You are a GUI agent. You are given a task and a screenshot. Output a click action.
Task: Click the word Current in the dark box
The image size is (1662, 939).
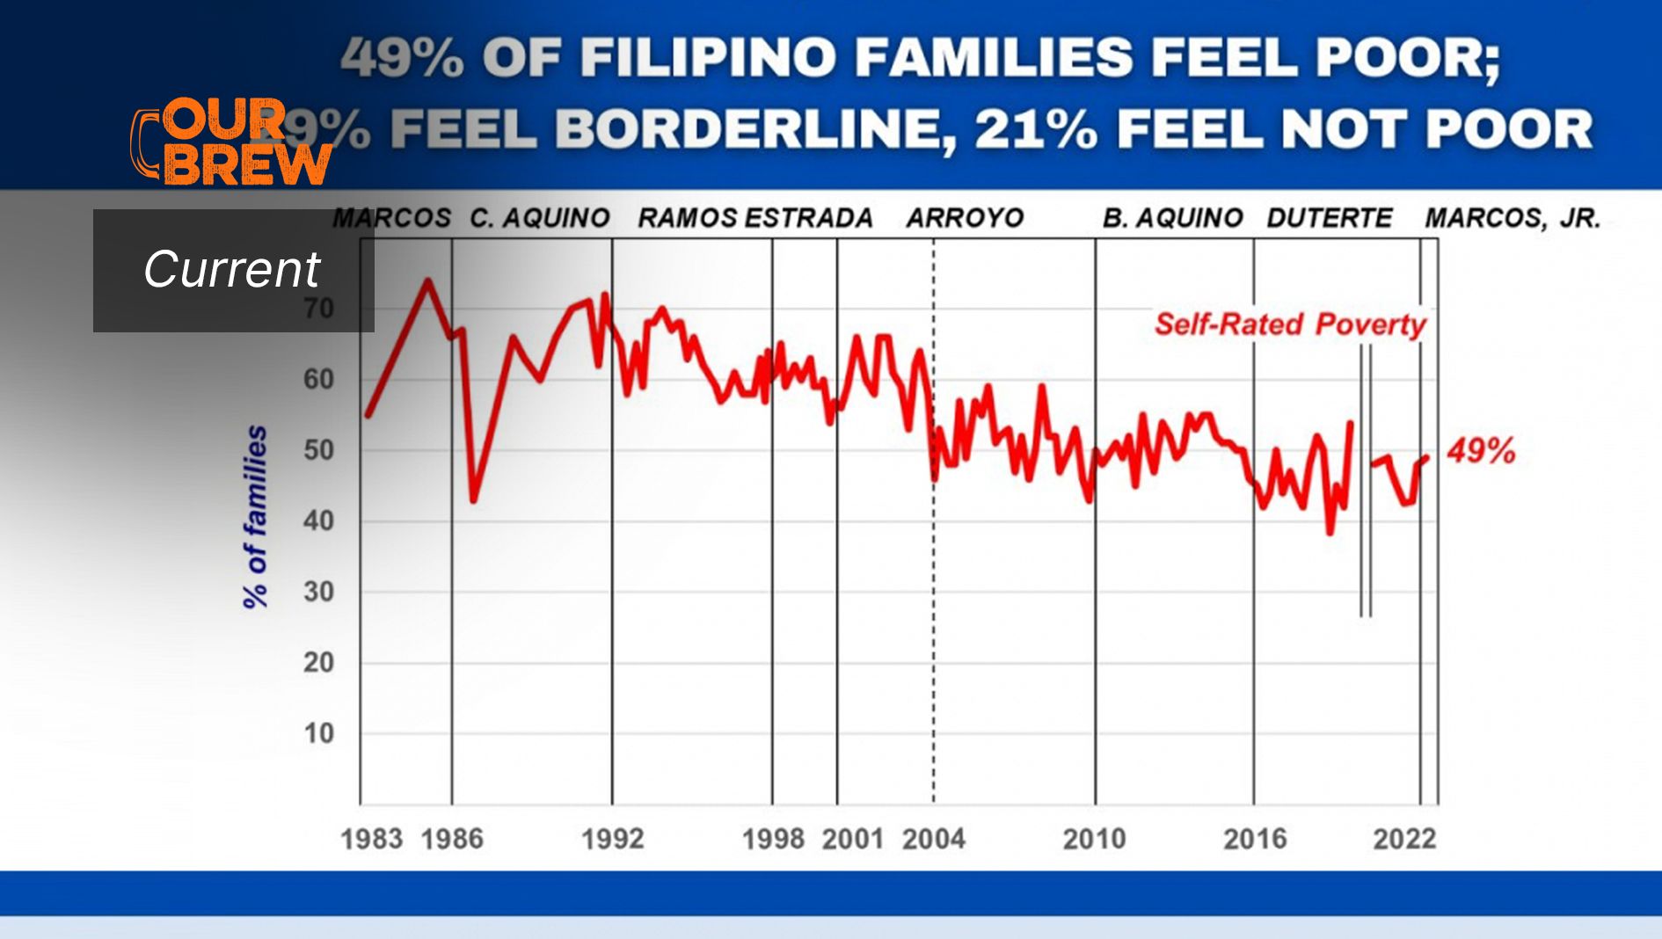pos(232,269)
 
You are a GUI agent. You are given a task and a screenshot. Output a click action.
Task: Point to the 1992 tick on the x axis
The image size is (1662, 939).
pos(613,839)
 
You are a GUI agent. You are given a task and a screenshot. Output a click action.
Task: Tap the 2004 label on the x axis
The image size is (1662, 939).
pos(934,839)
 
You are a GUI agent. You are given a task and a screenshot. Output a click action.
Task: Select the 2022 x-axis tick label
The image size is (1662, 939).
pos(1404,839)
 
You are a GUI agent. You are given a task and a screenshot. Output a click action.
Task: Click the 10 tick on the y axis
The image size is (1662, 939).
pos(319,733)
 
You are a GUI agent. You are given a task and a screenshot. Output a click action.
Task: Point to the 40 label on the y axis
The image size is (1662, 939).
pos(319,521)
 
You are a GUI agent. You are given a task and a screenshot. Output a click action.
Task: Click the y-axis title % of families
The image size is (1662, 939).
pos(255,517)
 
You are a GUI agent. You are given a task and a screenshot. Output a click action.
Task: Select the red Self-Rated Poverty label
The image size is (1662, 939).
pos(1290,324)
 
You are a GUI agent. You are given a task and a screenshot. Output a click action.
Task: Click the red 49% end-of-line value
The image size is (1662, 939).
pos(1482,451)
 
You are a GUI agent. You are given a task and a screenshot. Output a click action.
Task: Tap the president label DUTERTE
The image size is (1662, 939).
pos(1330,218)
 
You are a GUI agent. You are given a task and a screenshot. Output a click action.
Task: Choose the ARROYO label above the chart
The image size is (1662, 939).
pos(965,218)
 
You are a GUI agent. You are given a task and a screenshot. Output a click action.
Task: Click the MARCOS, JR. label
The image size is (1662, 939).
pos(1513,218)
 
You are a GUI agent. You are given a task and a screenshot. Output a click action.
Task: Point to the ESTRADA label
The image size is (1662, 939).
pos(809,218)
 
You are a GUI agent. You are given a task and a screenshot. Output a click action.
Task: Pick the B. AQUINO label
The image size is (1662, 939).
pos(1172,218)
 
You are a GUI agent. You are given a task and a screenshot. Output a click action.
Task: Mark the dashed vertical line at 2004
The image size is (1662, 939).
pos(934,615)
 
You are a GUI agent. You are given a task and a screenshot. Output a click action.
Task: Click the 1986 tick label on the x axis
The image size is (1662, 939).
pos(452,839)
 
